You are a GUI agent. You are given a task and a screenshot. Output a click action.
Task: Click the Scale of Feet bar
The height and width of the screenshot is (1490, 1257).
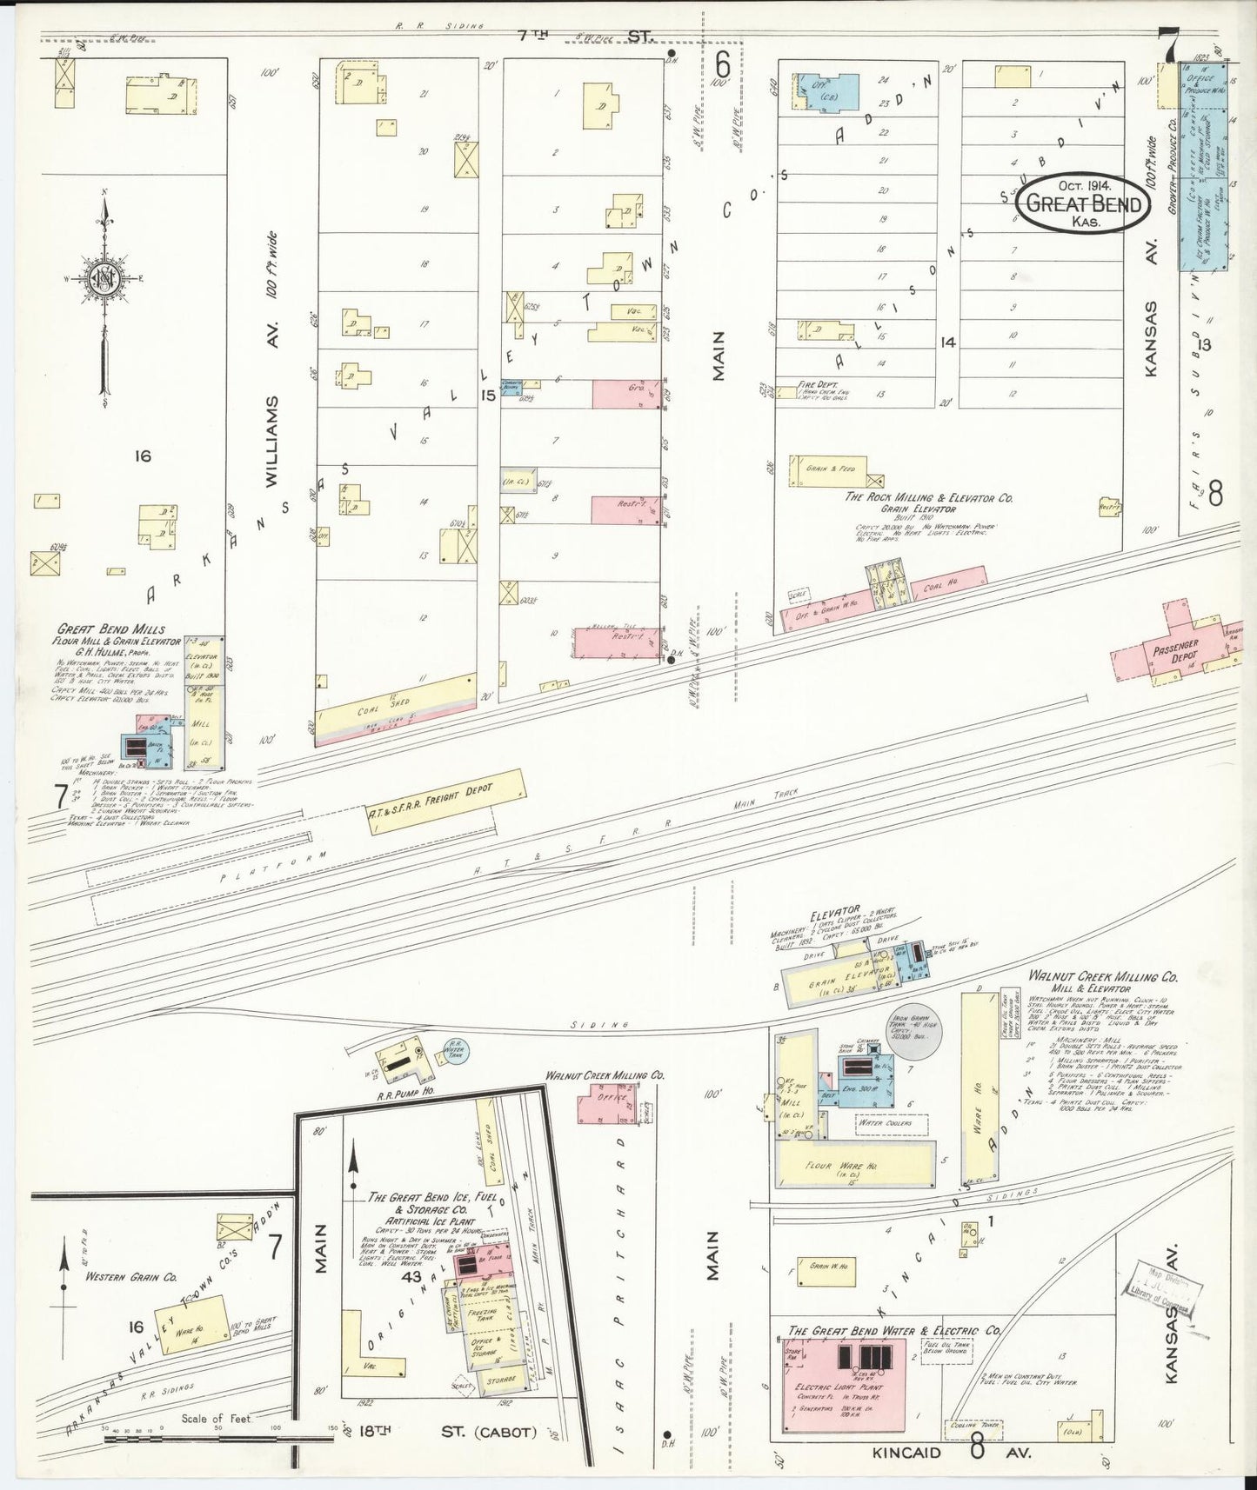click(217, 1438)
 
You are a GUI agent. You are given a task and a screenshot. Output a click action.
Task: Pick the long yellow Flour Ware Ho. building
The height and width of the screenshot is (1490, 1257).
click(853, 1166)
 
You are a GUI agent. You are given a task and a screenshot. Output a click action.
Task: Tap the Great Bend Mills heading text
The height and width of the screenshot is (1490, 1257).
click(111, 629)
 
